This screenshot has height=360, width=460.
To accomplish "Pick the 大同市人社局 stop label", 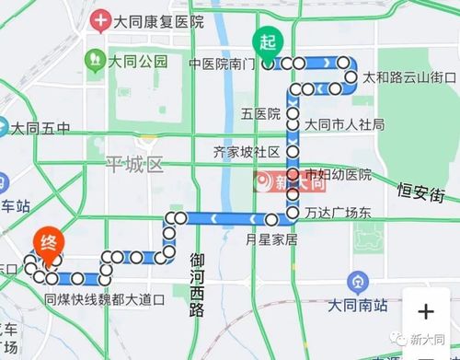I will (344, 124).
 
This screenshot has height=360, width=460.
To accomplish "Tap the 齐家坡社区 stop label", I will (251, 151).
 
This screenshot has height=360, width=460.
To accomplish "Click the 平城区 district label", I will (134, 165).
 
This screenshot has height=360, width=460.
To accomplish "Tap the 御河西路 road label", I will (196, 284).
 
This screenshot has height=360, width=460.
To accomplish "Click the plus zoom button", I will (425, 311).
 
